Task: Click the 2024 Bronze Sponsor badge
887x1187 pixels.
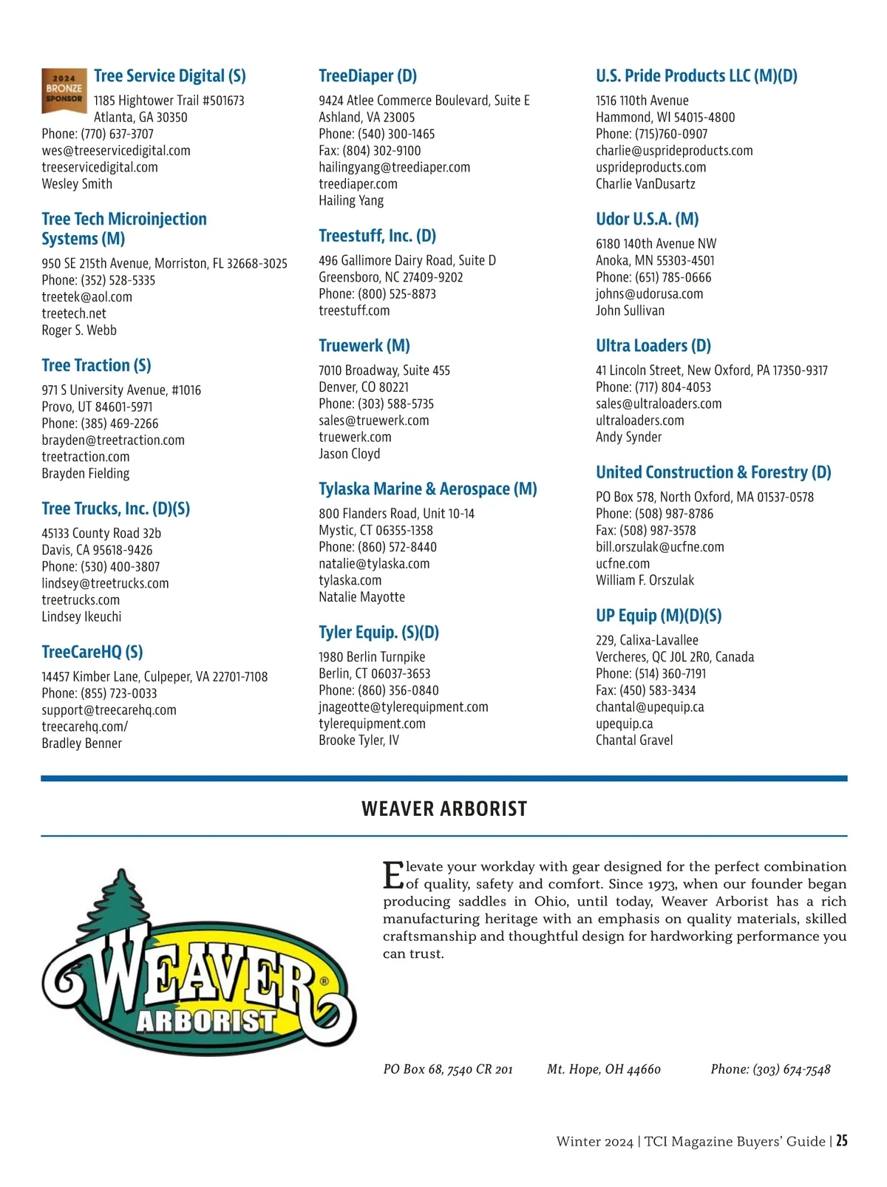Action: tap(64, 90)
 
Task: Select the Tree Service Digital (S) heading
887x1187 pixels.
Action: tap(169, 76)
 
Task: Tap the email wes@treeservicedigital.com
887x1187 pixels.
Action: tap(116, 151)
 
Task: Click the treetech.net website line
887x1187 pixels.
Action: tap(74, 313)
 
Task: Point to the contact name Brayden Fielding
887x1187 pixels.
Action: tap(86, 474)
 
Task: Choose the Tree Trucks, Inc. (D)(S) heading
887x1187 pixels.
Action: tap(115, 509)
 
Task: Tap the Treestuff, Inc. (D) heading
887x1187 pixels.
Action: tap(377, 236)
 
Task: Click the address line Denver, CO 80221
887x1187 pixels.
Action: tap(364, 387)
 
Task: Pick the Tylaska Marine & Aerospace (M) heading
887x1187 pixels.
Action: tap(427, 489)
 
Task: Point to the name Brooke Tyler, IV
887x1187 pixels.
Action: tap(358, 741)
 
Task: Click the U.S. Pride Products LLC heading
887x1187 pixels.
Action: tap(696, 76)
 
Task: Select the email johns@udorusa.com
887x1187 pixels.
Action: tap(649, 294)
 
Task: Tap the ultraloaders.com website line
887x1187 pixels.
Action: tap(639, 421)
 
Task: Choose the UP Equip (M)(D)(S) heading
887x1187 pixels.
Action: tap(658, 616)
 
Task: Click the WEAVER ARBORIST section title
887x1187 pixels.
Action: tap(444, 809)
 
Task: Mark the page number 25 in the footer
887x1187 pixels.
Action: tap(842, 1141)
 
